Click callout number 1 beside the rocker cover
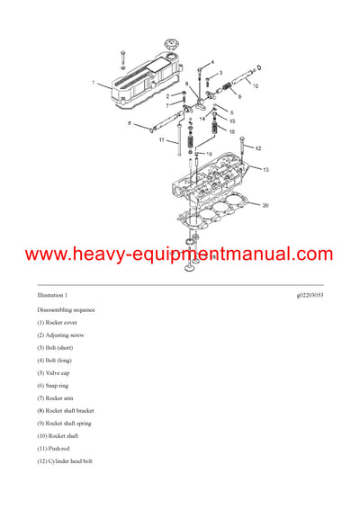coord(92,83)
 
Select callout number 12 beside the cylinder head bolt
coord(256,148)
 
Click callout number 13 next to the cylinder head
coord(265,168)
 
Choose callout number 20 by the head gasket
coord(265,205)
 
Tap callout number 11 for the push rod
coord(162,140)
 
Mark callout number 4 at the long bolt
coord(212,62)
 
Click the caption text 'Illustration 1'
coord(52,295)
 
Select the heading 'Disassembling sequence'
coord(66,309)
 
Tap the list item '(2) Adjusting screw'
coord(63,335)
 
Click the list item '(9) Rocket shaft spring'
coord(64,423)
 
